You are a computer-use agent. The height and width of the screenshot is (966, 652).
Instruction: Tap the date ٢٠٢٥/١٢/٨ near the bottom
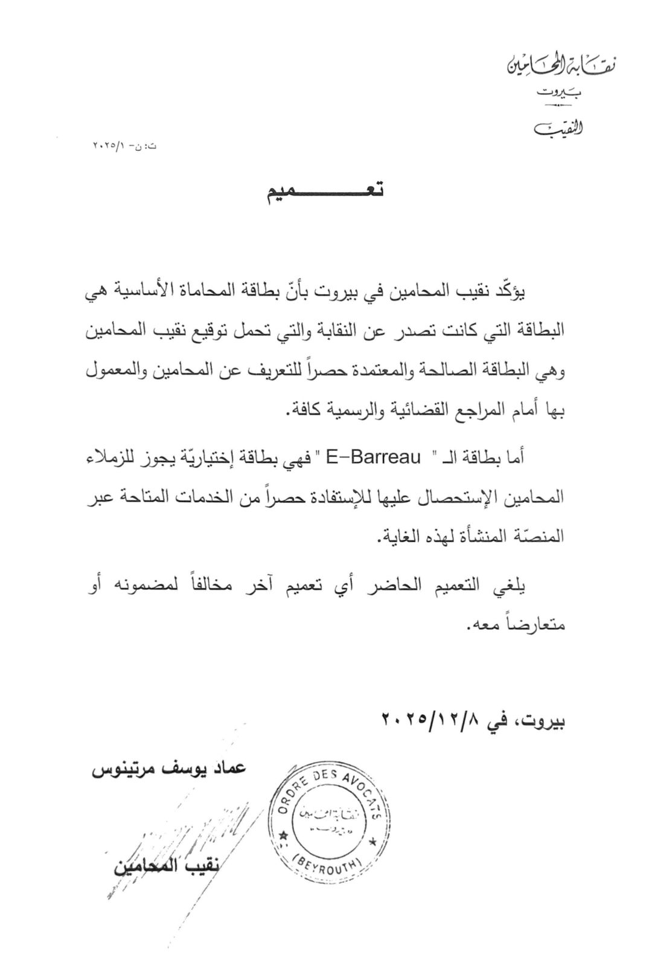coord(430,720)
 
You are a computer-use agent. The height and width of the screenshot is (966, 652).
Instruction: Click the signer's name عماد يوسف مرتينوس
coord(169,770)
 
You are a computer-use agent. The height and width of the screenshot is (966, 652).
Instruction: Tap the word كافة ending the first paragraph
coord(307,411)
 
